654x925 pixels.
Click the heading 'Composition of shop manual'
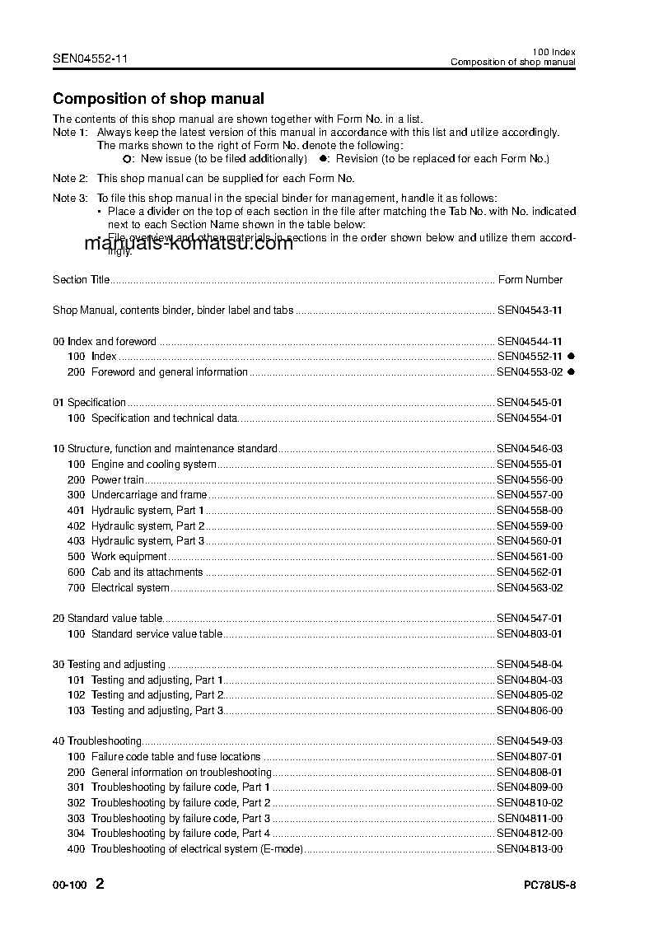tap(158, 99)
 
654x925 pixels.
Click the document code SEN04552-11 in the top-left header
tap(90, 58)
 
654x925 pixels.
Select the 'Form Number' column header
tap(530, 280)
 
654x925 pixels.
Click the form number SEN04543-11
tap(530, 311)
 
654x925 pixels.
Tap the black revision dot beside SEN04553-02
tap(571, 372)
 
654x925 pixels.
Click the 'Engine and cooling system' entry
tap(153, 465)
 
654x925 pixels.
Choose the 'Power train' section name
tap(118, 479)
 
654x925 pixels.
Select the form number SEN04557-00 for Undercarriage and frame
tap(530, 495)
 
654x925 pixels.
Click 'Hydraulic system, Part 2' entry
tap(147, 526)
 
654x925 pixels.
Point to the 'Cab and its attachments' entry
tap(147, 572)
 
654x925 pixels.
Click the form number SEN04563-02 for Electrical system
tap(530, 588)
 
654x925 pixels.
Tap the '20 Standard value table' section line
tap(108, 618)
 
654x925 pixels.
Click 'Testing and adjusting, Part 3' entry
tap(157, 710)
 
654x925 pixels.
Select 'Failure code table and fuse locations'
tap(175, 756)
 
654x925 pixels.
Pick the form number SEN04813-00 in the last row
tap(530, 848)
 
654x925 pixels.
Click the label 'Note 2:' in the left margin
tap(70, 178)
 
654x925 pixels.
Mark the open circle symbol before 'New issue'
tap(126, 158)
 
